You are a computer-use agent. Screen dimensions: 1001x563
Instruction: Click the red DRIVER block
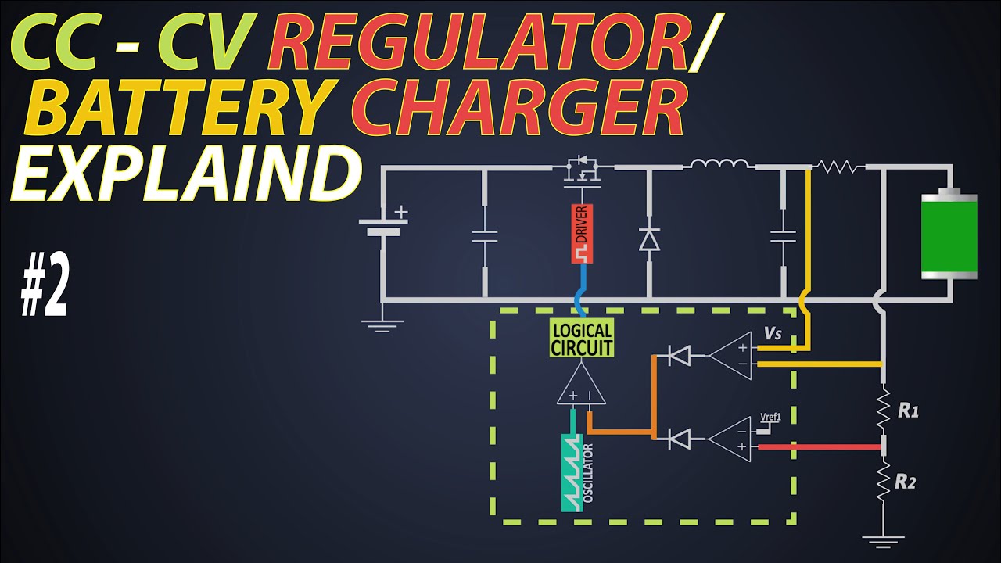[x=582, y=234]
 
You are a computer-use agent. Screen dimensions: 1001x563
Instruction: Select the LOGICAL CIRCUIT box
[x=581, y=337]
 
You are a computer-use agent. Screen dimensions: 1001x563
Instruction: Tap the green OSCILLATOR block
[x=572, y=472]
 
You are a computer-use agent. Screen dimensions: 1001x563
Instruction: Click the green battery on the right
[x=949, y=234]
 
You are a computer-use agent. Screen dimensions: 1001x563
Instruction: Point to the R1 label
[x=908, y=411]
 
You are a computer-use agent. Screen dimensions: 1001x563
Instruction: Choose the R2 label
[x=906, y=482]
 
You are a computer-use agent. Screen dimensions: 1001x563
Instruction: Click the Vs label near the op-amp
[x=773, y=333]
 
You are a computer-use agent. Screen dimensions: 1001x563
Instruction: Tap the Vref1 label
[x=771, y=417]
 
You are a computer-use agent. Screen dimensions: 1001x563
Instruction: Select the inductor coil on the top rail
[x=719, y=164]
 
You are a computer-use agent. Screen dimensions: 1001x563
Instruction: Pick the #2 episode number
[x=45, y=284]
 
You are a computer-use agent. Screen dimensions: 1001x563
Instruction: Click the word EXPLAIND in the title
[x=185, y=172]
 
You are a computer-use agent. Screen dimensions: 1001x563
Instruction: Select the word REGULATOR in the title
[x=478, y=41]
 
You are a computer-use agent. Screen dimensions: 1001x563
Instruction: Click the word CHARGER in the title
[x=518, y=107]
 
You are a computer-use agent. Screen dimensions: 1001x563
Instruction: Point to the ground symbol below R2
[x=883, y=542]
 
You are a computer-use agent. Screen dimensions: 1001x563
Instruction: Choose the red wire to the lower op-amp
[x=819, y=446]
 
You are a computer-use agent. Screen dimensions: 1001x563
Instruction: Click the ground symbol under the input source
[x=382, y=326]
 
